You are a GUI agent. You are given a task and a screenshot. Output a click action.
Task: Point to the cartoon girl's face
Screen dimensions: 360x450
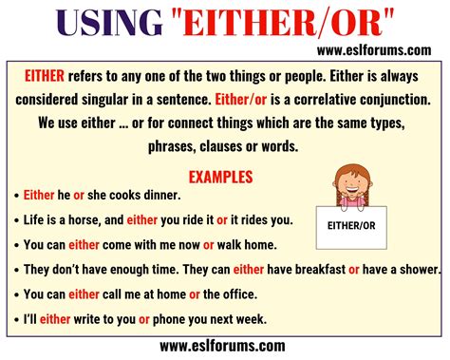[x=352, y=185]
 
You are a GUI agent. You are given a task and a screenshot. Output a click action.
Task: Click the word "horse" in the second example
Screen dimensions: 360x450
[x=93, y=219]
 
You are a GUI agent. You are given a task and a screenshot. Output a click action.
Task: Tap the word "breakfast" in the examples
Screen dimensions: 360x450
[x=316, y=269]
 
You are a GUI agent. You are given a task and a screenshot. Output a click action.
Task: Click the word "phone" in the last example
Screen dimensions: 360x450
[x=173, y=318]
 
